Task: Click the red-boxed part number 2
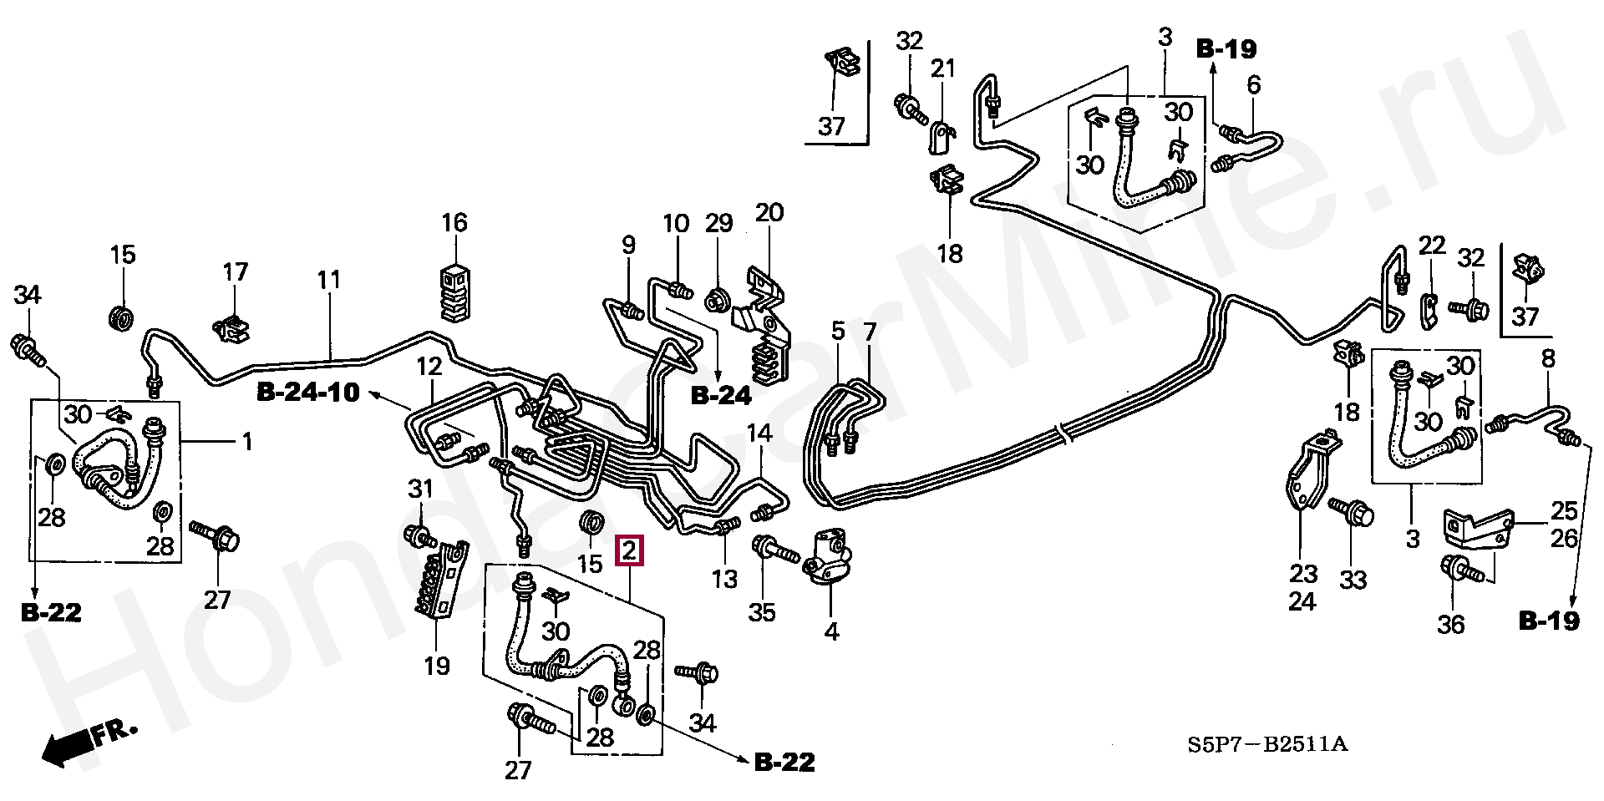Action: point(629,550)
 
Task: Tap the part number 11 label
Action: point(329,279)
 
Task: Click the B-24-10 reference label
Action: point(307,393)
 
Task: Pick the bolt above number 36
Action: point(1459,571)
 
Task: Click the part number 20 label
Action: point(769,212)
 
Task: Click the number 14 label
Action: point(759,433)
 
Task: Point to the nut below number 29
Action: point(718,298)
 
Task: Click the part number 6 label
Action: point(1254,85)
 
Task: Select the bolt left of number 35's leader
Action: point(772,550)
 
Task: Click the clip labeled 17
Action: point(233,327)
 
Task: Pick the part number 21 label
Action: point(942,68)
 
